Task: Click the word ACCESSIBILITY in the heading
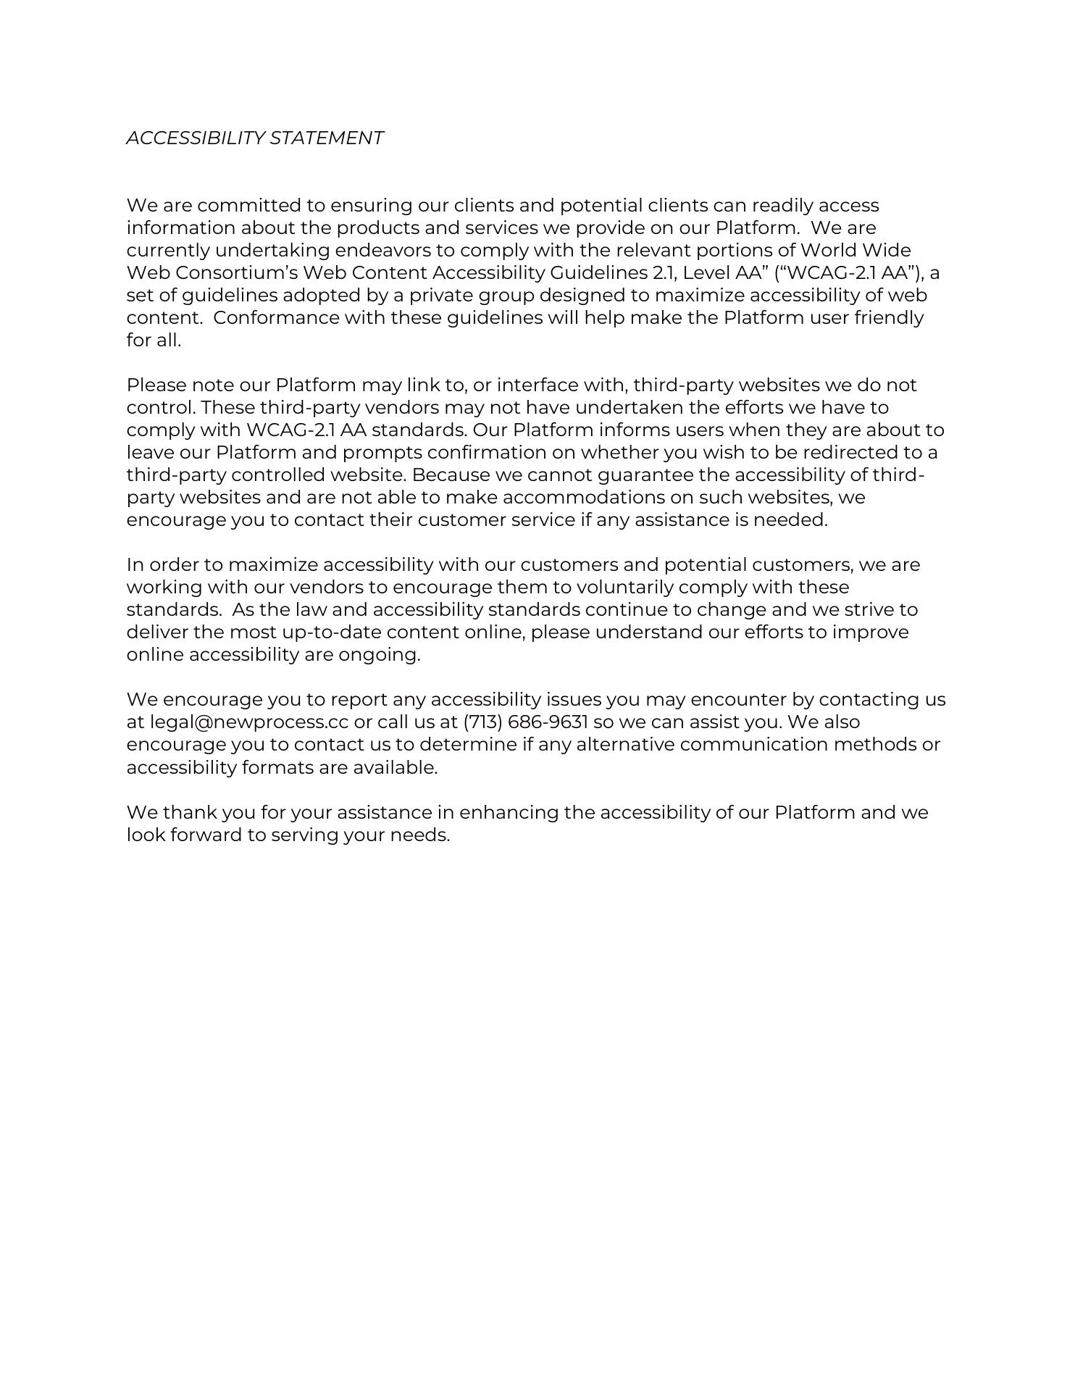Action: pyautogui.click(x=195, y=138)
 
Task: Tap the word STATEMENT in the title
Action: pyautogui.click(x=327, y=138)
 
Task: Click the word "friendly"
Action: pyautogui.click(x=889, y=318)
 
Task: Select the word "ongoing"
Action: pyautogui.click(x=379, y=655)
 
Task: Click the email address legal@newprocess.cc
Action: pyautogui.click(x=248, y=722)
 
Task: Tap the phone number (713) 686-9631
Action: pyautogui.click(x=525, y=722)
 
